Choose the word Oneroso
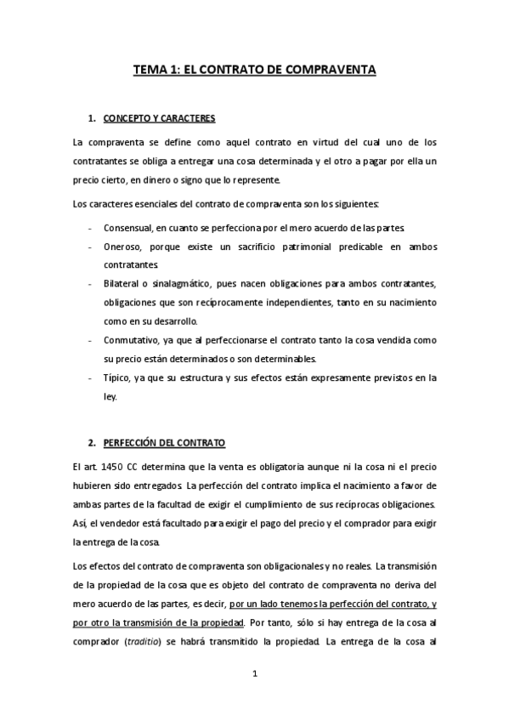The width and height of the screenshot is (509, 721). click(122, 247)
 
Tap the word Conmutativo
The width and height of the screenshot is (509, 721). click(131, 340)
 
